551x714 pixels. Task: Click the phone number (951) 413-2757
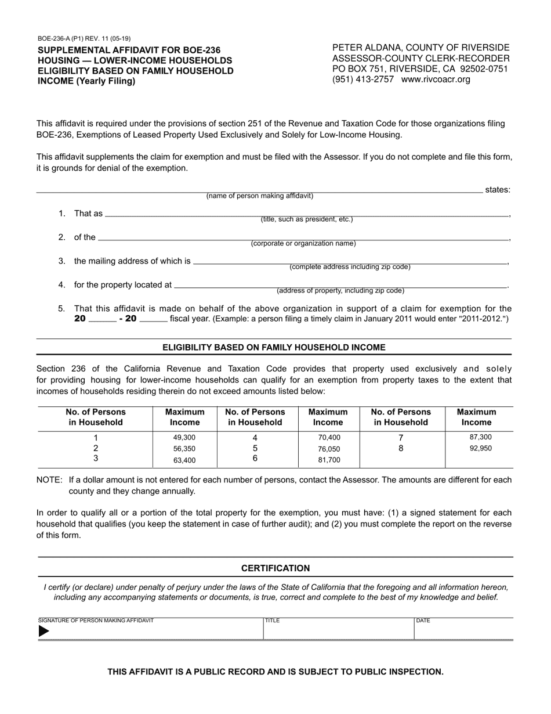tap(362, 80)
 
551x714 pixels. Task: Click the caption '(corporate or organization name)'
tap(303, 244)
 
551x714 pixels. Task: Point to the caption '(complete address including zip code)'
tap(350, 267)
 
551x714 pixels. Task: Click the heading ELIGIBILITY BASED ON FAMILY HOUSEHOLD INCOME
tap(274, 348)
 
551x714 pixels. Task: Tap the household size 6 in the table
tap(255, 459)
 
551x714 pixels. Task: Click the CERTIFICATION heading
tap(275, 568)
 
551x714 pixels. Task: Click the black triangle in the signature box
tap(43, 632)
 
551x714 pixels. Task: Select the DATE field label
tap(423, 621)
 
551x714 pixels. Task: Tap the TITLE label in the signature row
tap(273, 621)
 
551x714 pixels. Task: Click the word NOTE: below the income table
tap(49, 480)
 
